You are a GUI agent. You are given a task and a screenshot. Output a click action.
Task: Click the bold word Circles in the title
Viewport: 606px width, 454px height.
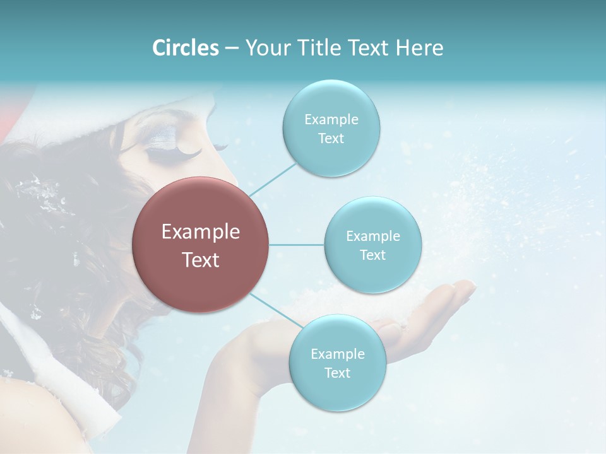[x=185, y=48]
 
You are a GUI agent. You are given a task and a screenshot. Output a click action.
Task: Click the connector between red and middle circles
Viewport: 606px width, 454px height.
[x=297, y=245]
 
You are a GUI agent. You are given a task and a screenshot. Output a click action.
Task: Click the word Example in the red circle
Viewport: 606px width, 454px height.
[x=201, y=232]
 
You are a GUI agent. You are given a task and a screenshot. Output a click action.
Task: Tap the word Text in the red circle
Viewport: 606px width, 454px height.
[x=201, y=260]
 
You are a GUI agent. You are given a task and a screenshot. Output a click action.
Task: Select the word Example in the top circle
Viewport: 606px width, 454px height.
[x=331, y=120]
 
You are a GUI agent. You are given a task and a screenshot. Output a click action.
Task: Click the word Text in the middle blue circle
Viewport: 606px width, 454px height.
[x=372, y=255]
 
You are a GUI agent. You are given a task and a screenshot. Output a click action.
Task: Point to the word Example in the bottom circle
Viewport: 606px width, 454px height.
[x=337, y=354]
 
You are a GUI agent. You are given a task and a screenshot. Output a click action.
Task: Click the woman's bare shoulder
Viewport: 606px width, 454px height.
[x=44, y=416]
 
